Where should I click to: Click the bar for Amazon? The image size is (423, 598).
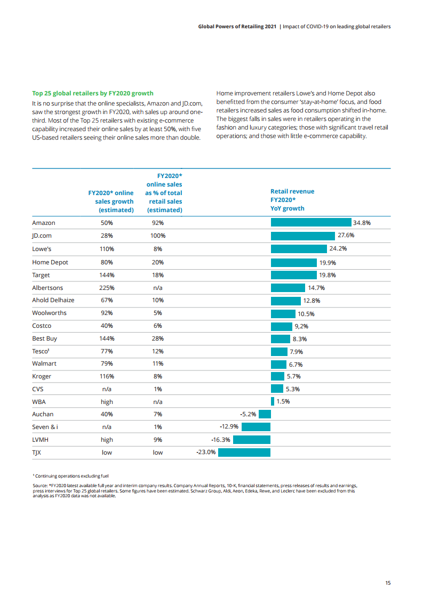[x=311, y=223]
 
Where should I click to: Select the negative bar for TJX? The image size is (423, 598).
[x=244, y=452]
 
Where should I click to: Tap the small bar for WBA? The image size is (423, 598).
[x=273, y=401]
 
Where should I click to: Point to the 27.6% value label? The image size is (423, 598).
[x=346, y=236]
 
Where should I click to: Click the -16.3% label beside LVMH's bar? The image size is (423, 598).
[x=221, y=440]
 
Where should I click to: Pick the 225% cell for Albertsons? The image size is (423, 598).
[x=107, y=287]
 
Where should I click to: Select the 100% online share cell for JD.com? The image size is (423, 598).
[x=158, y=236]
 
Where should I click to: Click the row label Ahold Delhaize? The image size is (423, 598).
[x=53, y=300]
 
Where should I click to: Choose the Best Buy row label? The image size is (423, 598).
[x=44, y=338]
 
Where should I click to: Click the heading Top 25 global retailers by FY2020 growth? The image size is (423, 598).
[x=93, y=93]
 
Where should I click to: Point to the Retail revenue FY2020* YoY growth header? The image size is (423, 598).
[x=292, y=200]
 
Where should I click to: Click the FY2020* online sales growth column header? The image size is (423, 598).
[x=111, y=201]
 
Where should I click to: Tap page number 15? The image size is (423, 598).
[x=388, y=583]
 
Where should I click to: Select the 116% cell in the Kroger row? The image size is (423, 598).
[x=107, y=376]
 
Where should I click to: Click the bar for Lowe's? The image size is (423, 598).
[x=299, y=249]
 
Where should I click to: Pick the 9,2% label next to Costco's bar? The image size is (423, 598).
[x=301, y=326]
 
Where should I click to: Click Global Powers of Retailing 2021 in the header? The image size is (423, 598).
[x=237, y=26]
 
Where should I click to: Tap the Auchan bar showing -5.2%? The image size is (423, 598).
[x=265, y=414]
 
